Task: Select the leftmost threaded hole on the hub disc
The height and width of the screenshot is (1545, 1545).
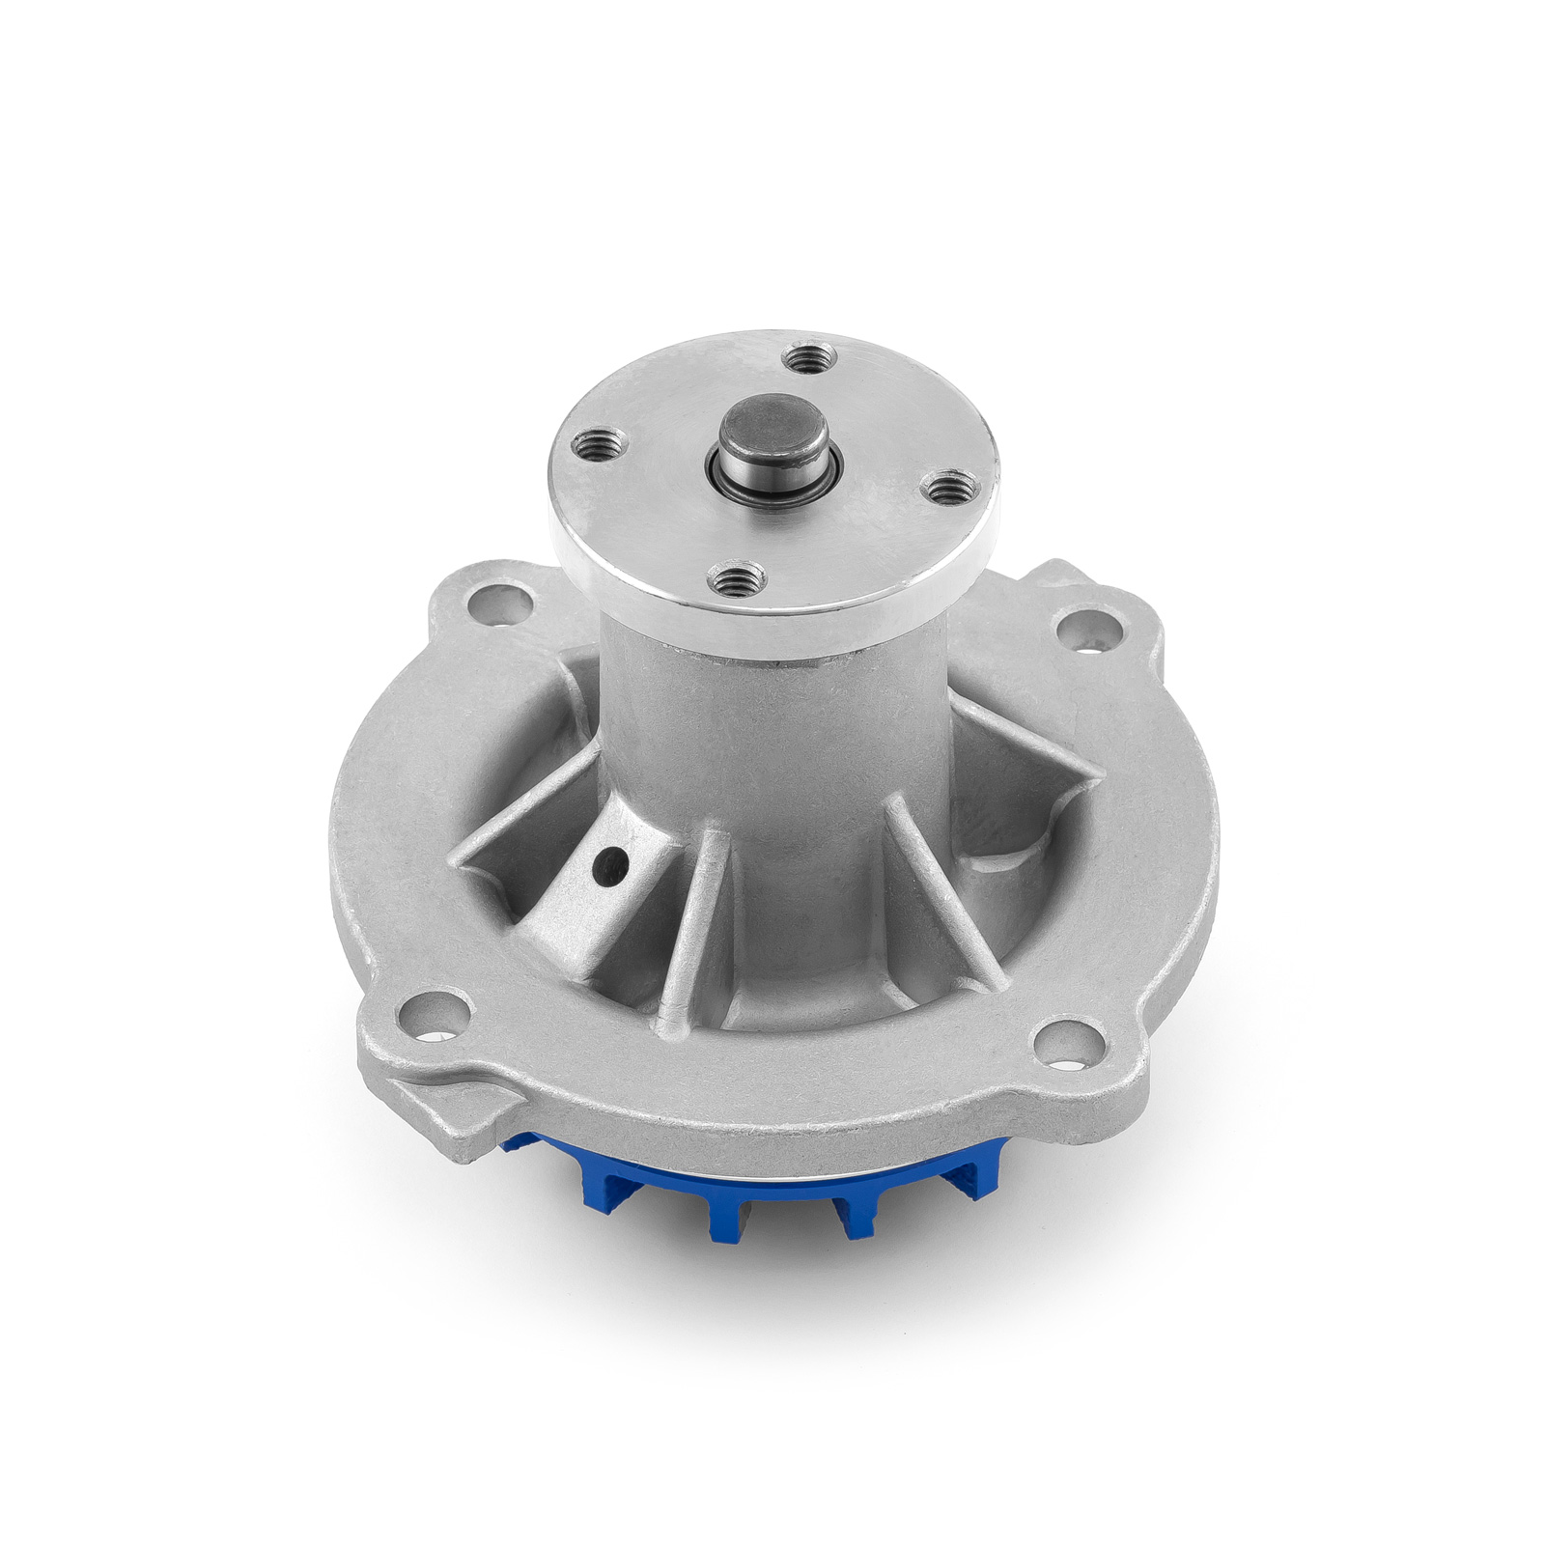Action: coord(590,445)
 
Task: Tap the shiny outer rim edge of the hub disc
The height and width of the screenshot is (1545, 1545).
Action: coord(772,618)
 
